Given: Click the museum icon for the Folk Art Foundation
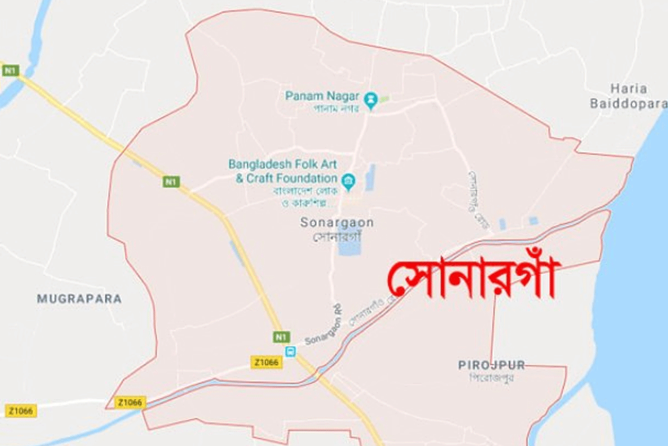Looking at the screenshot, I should coord(348,180).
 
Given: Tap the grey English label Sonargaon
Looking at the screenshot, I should coord(337,223).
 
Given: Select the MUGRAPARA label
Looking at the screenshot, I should coord(79,299).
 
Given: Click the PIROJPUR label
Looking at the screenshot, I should coord(492,365).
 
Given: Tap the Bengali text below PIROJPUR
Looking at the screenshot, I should coord(491,378).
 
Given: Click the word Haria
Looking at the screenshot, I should coord(628,89).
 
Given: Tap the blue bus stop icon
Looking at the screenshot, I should coord(290,352).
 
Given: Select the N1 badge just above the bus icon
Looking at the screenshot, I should coord(281,337).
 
